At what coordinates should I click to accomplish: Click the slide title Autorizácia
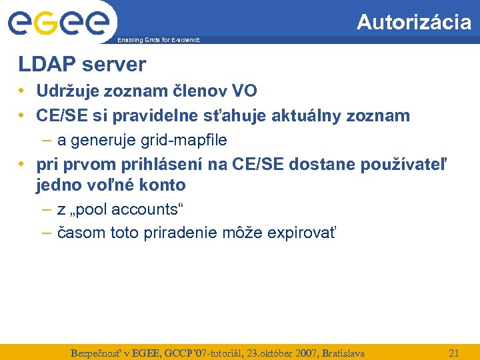pos(413,22)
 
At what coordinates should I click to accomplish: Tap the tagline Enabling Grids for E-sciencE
pos(158,41)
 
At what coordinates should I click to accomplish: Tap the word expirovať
pos(302,233)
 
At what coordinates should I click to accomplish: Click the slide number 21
pos(454,353)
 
